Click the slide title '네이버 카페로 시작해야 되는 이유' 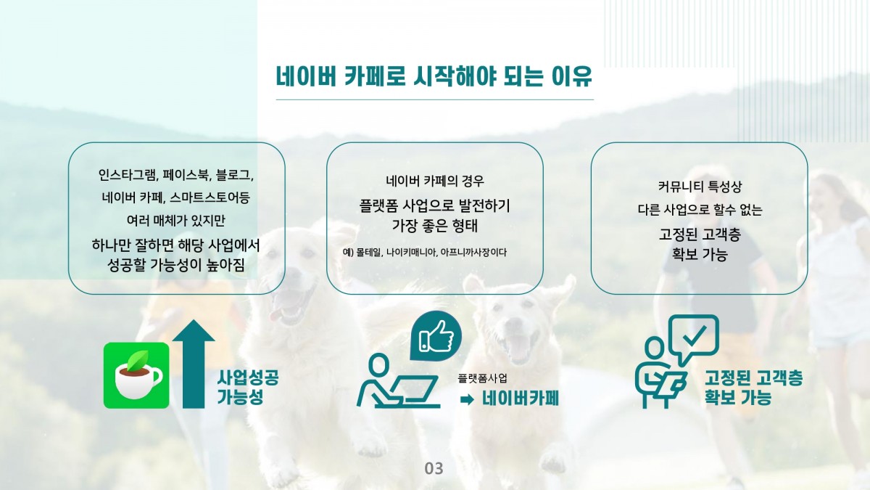coord(434,76)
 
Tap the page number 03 coord(434,469)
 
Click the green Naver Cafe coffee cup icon coord(136,375)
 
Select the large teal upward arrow coord(194,364)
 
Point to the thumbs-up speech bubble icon coord(436,336)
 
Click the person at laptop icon coord(399,382)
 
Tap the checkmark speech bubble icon coord(694,338)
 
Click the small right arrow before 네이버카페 coord(466,399)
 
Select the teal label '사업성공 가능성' coord(247,387)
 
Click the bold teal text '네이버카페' coord(521,399)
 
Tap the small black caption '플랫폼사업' coord(482,378)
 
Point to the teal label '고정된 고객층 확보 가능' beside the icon coord(753,387)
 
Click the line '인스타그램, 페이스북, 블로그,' coord(176,175)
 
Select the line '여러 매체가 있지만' coord(176,221)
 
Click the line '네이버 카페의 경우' coord(434,181)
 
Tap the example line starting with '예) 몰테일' coord(425,253)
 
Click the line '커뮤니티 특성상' coord(700,187)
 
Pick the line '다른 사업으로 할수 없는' coord(700,210)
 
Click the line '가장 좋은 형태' coord(434,226)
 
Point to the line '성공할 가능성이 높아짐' coord(176,265)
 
